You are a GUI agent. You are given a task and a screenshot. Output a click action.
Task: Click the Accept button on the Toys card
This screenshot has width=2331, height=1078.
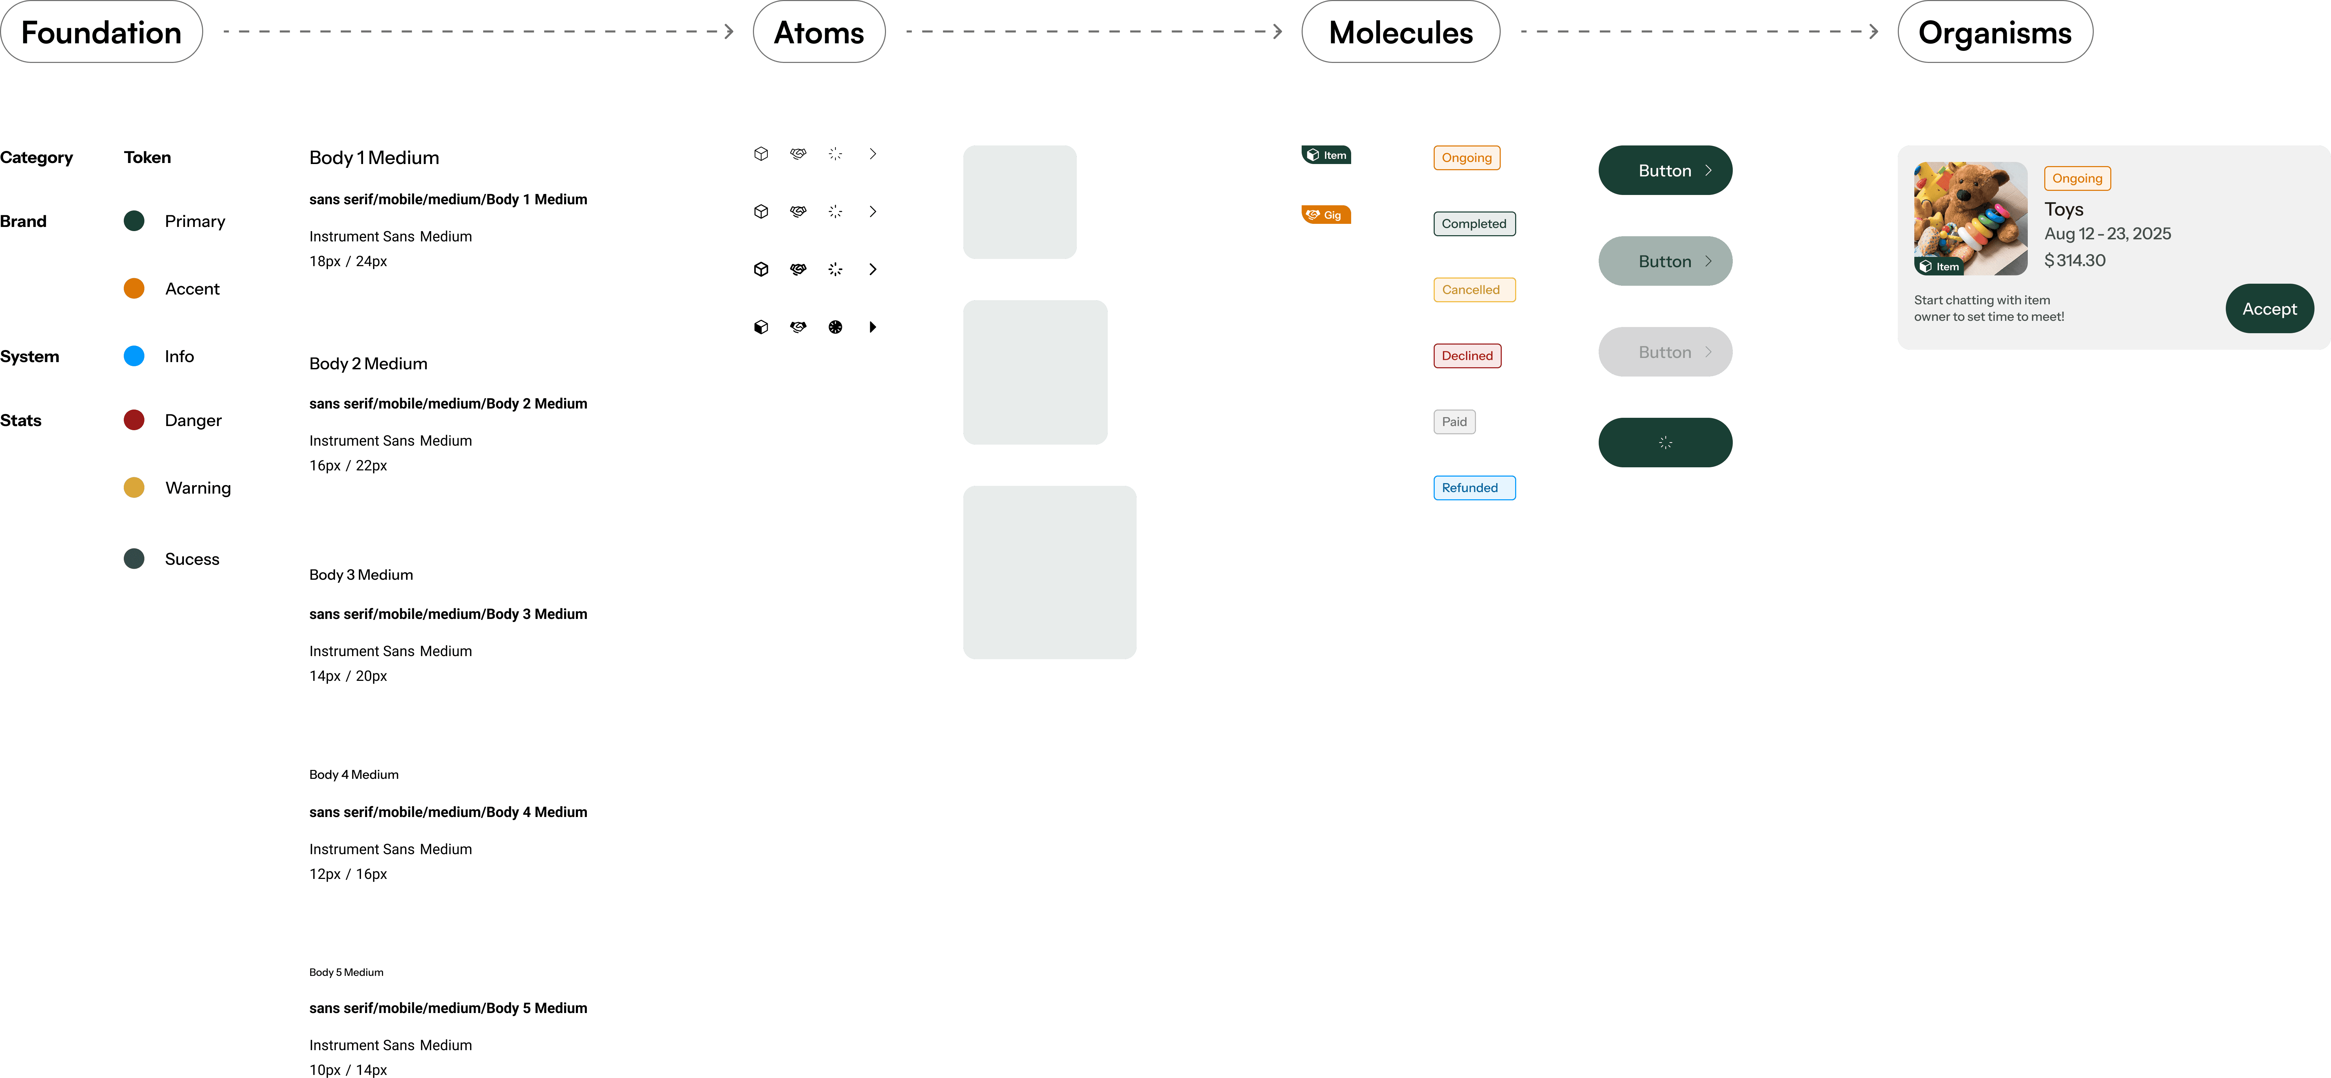[x=2268, y=309]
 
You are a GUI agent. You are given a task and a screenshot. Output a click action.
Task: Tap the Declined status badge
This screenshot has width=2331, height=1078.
[x=1467, y=356]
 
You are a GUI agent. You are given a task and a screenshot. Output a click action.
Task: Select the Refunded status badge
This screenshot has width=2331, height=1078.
[x=1473, y=488]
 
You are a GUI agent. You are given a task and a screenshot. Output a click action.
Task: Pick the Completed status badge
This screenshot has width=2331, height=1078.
[x=1473, y=224]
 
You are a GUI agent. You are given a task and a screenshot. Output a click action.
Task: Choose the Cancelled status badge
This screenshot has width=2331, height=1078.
[x=1473, y=290]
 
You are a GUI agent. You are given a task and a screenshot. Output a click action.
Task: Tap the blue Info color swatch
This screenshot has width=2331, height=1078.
[x=134, y=356]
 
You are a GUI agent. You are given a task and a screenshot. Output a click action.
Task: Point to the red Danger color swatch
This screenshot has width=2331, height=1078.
[x=134, y=420]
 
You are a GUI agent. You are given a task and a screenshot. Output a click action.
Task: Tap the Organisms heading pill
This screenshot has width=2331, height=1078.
[x=1994, y=32]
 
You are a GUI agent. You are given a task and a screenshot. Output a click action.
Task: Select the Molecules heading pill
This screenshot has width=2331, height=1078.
[x=1400, y=32]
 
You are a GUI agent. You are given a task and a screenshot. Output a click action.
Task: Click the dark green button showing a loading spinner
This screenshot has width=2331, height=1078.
[x=1665, y=443]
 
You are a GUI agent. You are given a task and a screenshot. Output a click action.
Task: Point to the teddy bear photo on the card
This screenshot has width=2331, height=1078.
[x=1970, y=217]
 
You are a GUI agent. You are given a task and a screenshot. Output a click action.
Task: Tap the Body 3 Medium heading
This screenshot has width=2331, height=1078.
[x=361, y=575]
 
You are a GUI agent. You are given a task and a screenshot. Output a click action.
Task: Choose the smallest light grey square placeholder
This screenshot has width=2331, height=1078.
[x=1019, y=202]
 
